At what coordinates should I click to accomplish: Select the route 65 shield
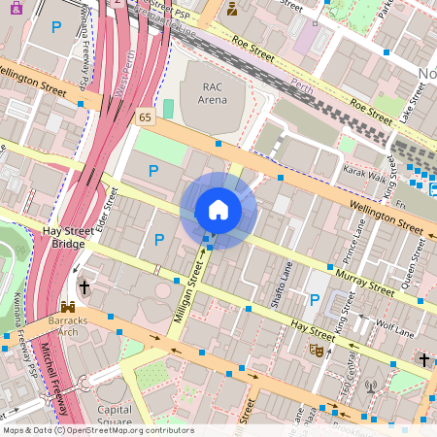point(146,116)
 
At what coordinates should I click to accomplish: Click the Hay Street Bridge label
point(68,237)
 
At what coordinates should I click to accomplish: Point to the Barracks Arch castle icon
point(68,307)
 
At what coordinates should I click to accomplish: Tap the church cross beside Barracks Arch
point(84,287)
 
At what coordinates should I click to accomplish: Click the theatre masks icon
point(316,349)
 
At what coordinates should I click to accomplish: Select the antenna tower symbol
point(370,387)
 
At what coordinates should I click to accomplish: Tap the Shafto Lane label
point(287,283)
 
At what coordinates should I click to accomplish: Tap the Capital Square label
point(115,416)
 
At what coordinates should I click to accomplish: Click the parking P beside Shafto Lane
point(314,300)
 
